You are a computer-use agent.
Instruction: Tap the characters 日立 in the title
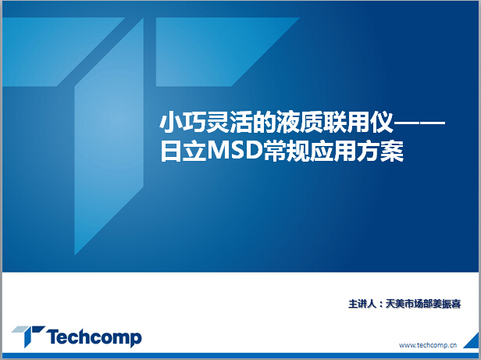point(183,151)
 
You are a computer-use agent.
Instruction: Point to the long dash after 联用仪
point(419,123)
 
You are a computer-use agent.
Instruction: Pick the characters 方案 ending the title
point(380,151)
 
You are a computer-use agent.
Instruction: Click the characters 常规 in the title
point(287,151)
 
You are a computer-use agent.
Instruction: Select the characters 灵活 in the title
point(230,123)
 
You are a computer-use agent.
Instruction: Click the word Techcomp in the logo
point(94,337)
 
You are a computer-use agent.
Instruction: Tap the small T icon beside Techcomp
point(28,336)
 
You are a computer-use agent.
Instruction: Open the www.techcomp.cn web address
point(428,345)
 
